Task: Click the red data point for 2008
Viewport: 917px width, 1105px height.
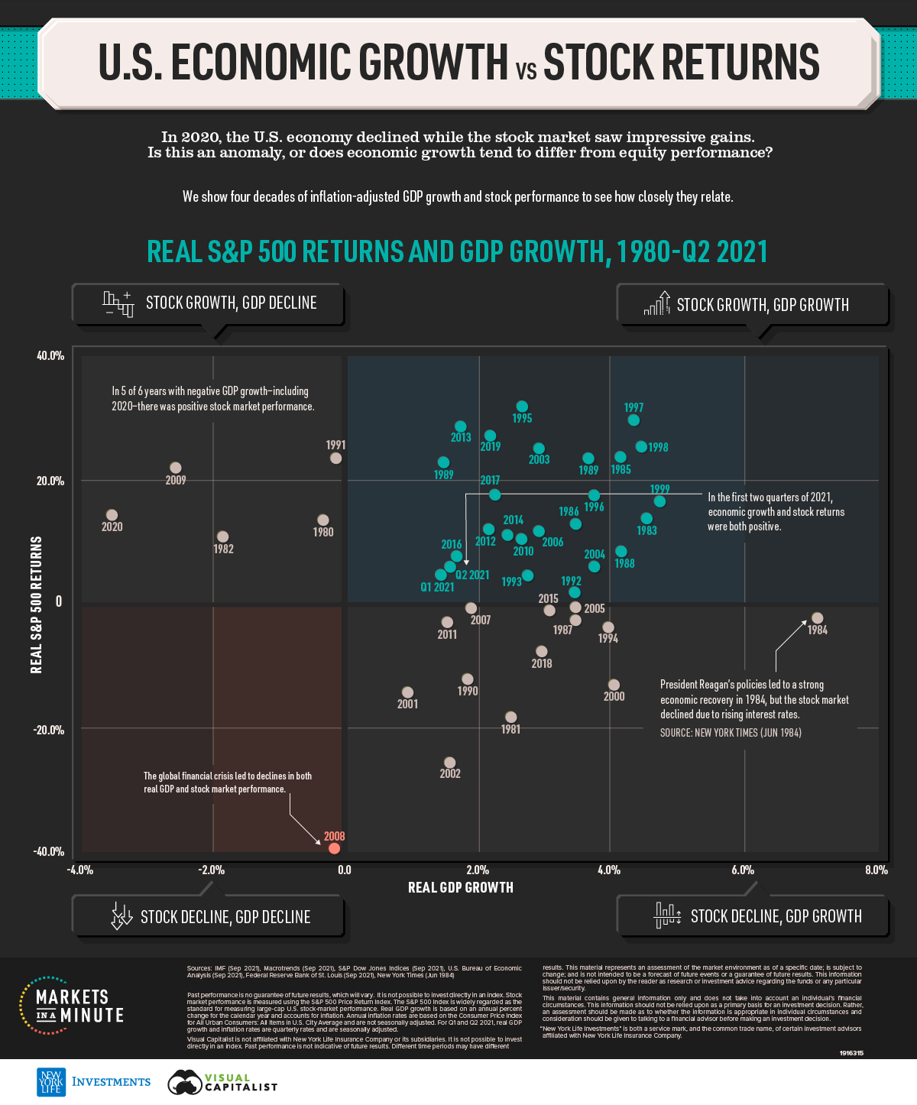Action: [x=334, y=848]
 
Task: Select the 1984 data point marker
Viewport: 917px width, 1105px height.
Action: [x=817, y=617]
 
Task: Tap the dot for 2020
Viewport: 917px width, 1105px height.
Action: [x=112, y=515]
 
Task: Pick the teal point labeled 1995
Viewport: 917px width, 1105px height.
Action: [x=522, y=407]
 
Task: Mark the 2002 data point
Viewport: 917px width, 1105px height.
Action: [x=449, y=763]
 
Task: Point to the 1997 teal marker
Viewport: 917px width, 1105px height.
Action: [x=633, y=420]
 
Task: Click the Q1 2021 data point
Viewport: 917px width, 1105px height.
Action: [x=440, y=575]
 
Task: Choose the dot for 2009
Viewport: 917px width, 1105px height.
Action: [x=176, y=468]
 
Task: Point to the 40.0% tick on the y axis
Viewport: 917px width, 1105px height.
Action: [x=50, y=356]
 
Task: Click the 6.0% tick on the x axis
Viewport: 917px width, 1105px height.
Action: [x=742, y=870]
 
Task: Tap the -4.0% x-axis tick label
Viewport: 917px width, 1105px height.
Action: [x=80, y=870]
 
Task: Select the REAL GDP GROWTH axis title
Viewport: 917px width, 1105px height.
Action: [x=461, y=887]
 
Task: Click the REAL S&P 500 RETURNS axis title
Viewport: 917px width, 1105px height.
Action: [x=36, y=604]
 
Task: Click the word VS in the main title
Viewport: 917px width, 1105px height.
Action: [x=526, y=71]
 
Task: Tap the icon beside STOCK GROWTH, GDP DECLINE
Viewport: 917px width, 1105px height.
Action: [x=118, y=303]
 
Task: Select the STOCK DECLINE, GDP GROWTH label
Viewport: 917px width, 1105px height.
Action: [x=776, y=916]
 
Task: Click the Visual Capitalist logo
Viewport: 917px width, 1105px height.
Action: [x=222, y=1082]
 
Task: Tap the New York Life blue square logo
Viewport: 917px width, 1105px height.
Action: [x=51, y=1082]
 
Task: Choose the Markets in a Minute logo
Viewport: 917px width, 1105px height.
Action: [x=72, y=1006]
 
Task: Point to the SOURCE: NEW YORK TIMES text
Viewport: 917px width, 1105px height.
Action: [x=731, y=733]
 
